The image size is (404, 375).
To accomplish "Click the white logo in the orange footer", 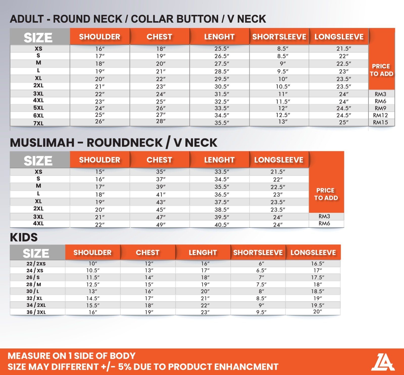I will click(x=383, y=362).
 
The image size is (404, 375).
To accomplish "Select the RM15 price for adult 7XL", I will click(x=380, y=122).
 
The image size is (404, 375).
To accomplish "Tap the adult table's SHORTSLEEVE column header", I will click(x=279, y=37).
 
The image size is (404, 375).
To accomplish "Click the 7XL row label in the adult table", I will click(x=38, y=123).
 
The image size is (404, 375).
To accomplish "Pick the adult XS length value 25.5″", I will click(x=222, y=49).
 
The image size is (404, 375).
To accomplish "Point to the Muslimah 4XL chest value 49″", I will click(x=161, y=225).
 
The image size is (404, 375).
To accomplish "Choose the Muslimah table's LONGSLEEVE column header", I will click(x=279, y=160).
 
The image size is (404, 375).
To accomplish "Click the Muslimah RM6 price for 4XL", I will click(x=324, y=224).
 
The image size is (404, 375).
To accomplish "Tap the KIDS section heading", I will click(x=24, y=237).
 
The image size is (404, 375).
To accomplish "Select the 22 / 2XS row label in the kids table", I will click(x=36, y=264).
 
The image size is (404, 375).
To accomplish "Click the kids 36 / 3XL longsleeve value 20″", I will click(x=317, y=312).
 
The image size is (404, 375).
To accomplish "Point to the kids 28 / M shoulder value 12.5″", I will click(x=93, y=285).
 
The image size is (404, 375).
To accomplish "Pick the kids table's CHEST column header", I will click(x=148, y=253).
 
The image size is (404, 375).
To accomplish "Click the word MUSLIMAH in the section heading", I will click(x=42, y=143).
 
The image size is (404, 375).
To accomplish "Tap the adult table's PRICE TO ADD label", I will click(x=381, y=70).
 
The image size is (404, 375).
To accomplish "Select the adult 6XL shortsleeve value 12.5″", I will click(x=283, y=115).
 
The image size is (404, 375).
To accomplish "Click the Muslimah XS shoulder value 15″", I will click(x=100, y=172).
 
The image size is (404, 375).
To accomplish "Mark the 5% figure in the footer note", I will click(x=124, y=367).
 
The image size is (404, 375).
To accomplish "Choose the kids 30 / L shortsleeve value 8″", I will click(x=261, y=291).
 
